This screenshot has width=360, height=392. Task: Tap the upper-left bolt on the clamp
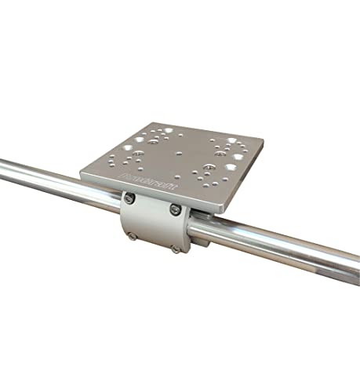(131, 200)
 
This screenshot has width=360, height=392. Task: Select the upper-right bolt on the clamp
(174, 210)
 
